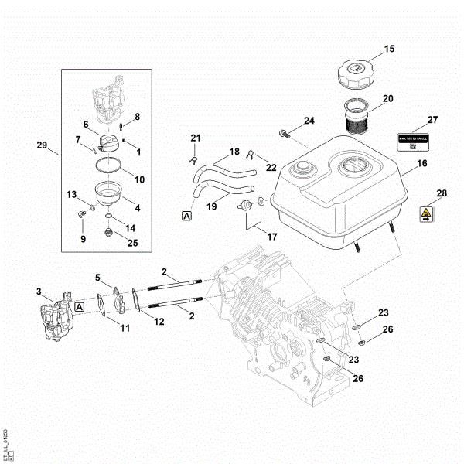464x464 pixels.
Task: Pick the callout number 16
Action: coord(422,164)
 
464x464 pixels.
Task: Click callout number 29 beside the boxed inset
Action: coord(42,145)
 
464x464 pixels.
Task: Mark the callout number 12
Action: coord(159,321)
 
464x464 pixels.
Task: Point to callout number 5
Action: coord(98,278)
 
